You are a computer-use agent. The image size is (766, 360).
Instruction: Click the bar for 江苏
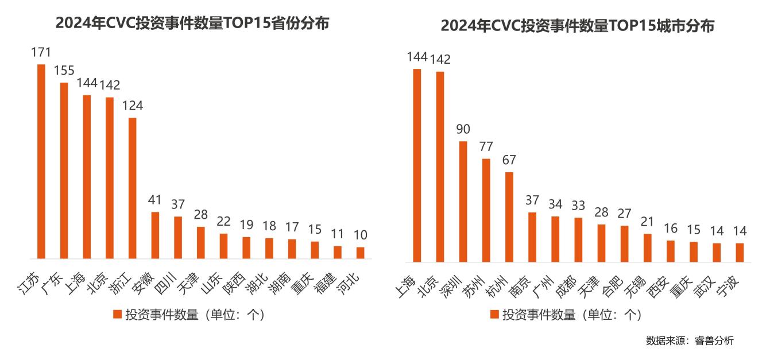point(41,161)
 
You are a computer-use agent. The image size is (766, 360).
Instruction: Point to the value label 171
point(41,52)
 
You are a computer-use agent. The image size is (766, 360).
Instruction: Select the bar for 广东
point(64,171)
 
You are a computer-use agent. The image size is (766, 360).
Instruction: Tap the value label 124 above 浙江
point(132,106)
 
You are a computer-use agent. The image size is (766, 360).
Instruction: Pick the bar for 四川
point(178,237)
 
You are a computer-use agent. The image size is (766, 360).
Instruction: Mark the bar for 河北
point(360,253)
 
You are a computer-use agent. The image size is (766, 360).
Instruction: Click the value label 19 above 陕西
point(246,225)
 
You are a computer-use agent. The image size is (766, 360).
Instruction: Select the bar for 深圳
point(463,201)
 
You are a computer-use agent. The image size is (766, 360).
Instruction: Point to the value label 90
point(463,129)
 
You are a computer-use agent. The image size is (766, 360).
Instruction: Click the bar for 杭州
point(509,216)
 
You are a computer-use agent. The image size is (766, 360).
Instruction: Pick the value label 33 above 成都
point(578,206)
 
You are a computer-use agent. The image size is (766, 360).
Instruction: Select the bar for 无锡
point(647,247)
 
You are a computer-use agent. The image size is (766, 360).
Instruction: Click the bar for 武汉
point(716,252)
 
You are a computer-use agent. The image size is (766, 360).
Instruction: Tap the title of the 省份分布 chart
point(192,24)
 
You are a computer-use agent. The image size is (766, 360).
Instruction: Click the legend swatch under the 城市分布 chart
point(494,314)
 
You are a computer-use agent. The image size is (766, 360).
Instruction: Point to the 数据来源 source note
point(689,340)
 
